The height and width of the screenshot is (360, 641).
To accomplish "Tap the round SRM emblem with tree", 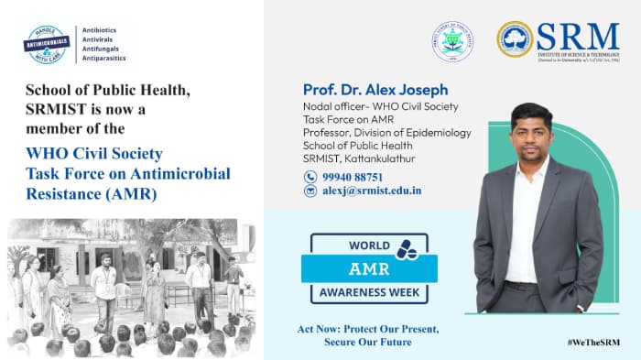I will (x=515, y=39).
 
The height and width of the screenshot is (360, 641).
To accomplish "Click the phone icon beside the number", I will (x=310, y=176).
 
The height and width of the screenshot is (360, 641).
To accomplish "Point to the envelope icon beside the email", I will (x=310, y=191).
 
